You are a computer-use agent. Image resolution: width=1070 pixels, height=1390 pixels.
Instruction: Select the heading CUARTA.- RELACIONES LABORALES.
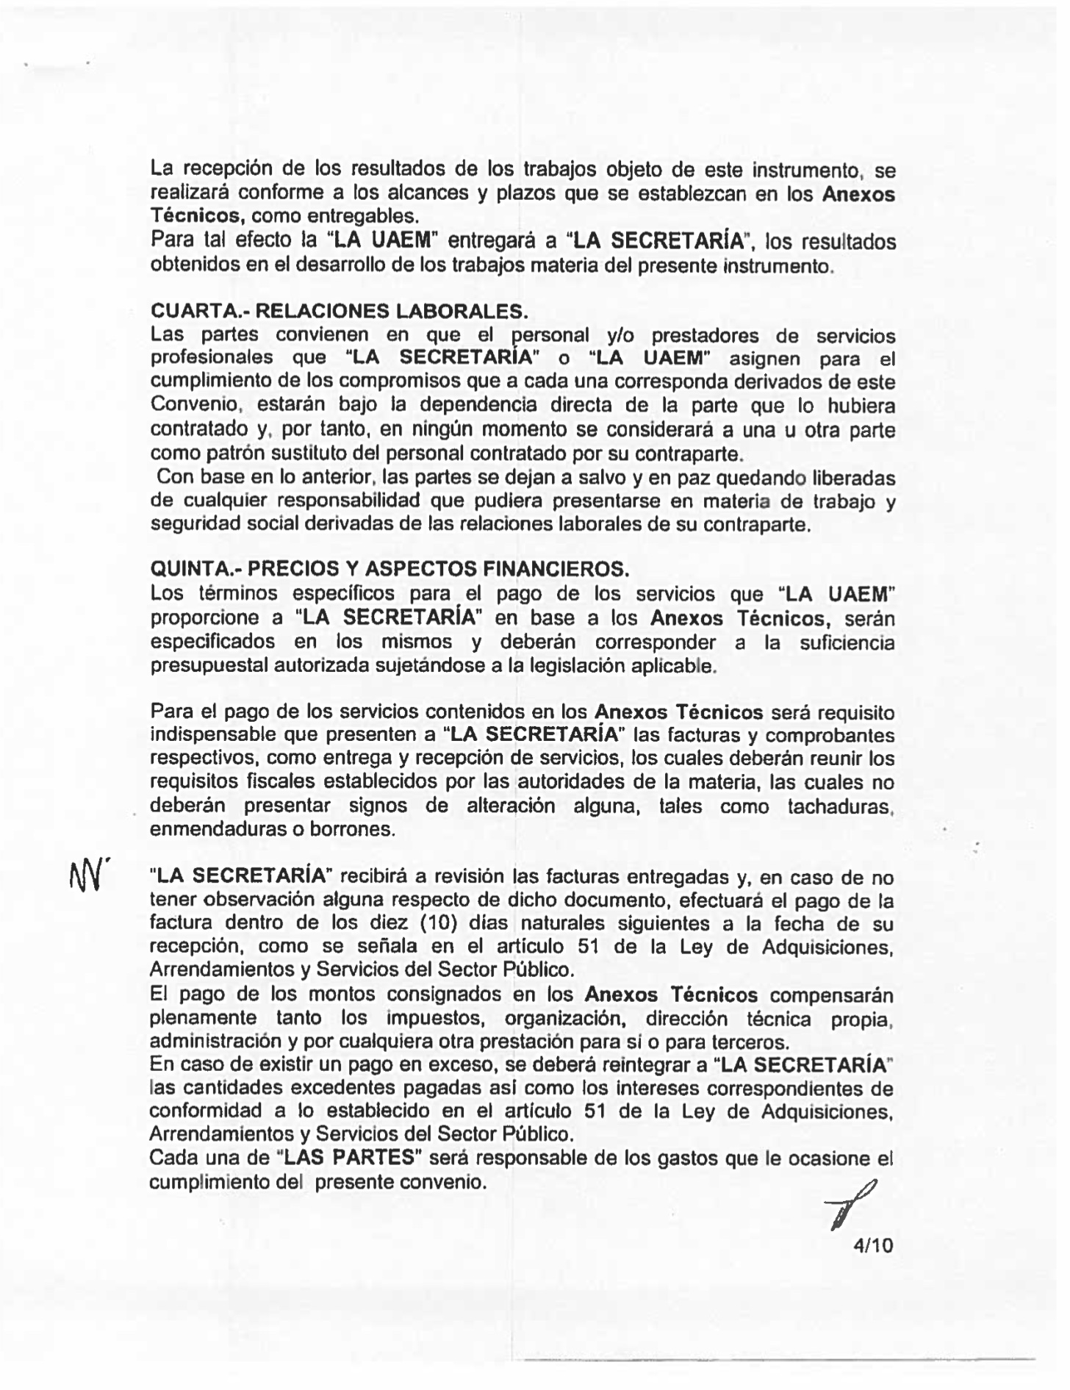point(339,311)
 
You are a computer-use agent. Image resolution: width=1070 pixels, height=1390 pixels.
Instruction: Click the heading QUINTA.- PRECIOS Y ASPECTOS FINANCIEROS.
point(389,568)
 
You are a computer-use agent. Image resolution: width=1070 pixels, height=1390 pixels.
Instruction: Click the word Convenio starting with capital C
point(190,406)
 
